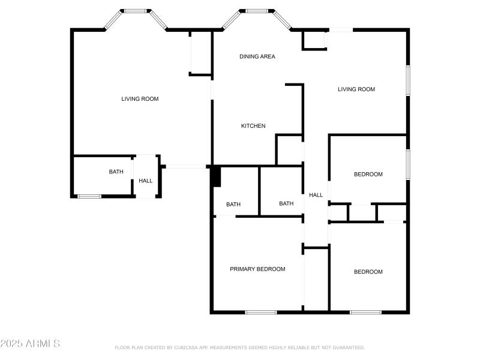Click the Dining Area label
257,56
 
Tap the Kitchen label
253,126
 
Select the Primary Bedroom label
257,269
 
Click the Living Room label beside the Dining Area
356,89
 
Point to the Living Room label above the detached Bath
140,99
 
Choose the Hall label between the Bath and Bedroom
316,195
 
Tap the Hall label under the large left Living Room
146,181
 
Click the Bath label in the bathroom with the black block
233,205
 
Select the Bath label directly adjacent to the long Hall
286,203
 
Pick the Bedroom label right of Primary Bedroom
368,272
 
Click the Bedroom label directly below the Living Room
368,175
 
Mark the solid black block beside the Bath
217,176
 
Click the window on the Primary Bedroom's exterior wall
261,312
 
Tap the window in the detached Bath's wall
89,196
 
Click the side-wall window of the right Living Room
408,80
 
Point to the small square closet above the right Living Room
313,40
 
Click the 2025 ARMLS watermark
30,344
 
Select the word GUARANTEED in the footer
348,347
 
